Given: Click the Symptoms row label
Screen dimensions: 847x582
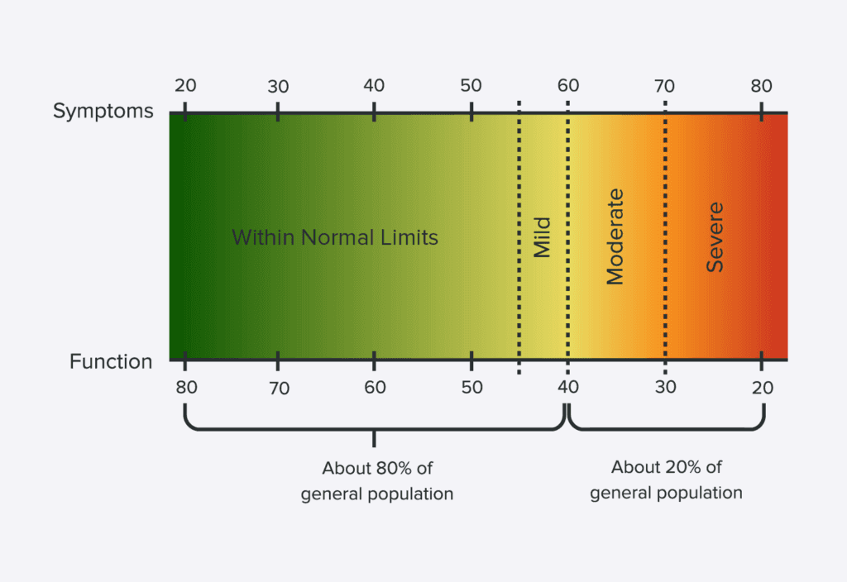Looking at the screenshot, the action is pyautogui.click(x=103, y=112).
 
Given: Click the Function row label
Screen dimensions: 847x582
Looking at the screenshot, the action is pyautogui.click(x=111, y=362).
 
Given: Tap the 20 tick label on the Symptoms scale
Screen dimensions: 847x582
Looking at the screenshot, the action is pyautogui.click(x=185, y=85).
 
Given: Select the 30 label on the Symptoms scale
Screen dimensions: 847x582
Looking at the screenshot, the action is pyautogui.click(x=278, y=86).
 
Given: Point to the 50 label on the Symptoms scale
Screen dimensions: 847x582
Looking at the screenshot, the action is pyautogui.click(x=471, y=85).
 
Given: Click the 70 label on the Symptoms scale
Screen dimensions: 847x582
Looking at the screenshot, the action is pyautogui.click(x=664, y=86).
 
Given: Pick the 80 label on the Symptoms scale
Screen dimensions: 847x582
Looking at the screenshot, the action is pyautogui.click(x=761, y=85).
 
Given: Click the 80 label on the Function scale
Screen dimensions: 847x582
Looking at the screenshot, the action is pyautogui.click(x=186, y=387).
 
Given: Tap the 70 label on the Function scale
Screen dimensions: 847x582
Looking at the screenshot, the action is pyautogui.click(x=280, y=389).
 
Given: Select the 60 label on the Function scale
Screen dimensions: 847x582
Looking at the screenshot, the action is pyautogui.click(x=375, y=387).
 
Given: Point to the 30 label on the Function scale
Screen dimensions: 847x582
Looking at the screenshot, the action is pyautogui.click(x=666, y=387).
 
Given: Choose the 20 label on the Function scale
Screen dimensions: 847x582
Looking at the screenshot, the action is pyautogui.click(x=762, y=388).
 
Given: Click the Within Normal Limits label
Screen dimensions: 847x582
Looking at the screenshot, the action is pyautogui.click(x=335, y=237).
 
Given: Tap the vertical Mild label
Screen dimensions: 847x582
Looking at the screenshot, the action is pyautogui.click(x=542, y=237).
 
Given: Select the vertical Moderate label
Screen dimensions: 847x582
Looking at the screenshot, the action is pyautogui.click(x=615, y=236).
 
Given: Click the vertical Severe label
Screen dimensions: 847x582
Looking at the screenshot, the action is pyautogui.click(x=715, y=237).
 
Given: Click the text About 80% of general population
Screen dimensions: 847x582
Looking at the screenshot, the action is pyautogui.click(x=377, y=481).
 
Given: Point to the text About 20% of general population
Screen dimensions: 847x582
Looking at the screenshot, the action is pyautogui.click(x=666, y=480).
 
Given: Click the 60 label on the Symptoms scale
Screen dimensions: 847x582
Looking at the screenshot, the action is pyautogui.click(x=568, y=85).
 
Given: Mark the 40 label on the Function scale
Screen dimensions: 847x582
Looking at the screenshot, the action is pyautogui.click(x=568, y=387).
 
